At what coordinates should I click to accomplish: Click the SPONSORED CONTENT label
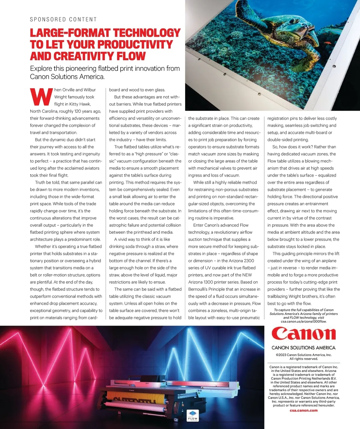(63, 19)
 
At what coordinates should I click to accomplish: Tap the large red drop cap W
(41, 97)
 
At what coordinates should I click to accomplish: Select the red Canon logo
(303, 334)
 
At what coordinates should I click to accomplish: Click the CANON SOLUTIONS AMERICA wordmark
(303, 348)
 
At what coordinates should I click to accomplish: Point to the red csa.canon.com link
(304, 410)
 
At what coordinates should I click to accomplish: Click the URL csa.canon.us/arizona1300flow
(304, 321)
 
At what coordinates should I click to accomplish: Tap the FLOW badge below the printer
(193, 415)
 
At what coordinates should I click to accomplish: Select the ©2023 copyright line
(304, 355)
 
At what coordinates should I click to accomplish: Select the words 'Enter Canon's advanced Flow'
(221, 225)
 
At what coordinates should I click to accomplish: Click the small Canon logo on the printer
(131, 390)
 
